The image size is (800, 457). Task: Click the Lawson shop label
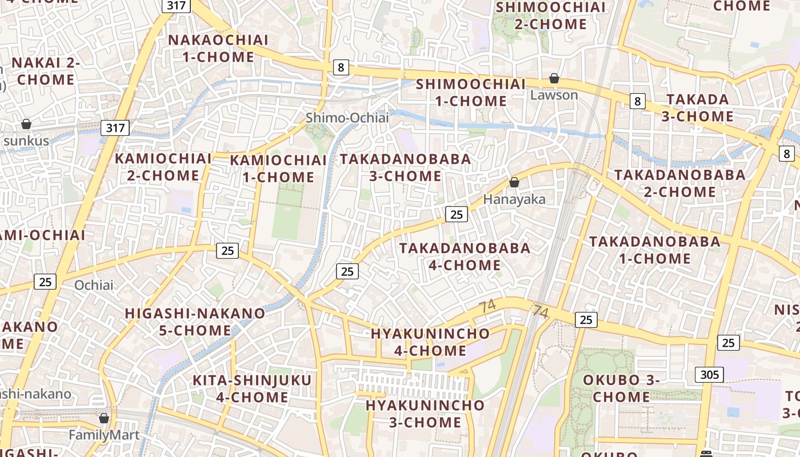[554, 95]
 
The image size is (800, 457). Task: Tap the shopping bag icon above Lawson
[554, 78]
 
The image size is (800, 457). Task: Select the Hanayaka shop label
[514, 199]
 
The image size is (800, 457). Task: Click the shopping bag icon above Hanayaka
[514, 182]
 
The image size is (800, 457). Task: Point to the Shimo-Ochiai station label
[347, 118]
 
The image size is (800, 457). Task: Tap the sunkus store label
[26, 141]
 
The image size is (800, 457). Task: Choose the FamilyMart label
[104, 435]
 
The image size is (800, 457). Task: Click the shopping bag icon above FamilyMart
[104, 419]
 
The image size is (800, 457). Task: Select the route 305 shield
[710, 375]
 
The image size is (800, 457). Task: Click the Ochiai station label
[94, 284]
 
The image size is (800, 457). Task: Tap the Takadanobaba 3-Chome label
[406, 167]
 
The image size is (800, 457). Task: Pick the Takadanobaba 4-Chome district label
[465, 256]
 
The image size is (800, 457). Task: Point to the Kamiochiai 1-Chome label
[278, 169]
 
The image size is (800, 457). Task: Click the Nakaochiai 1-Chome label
[218, 49]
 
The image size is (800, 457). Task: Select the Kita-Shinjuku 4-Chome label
[252, 388]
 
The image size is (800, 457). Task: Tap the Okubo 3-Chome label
[621, 388]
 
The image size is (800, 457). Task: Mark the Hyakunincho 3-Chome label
[425, 414]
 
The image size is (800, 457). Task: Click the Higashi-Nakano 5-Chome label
[195, 322]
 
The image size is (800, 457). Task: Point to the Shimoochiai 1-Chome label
[470, 93]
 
